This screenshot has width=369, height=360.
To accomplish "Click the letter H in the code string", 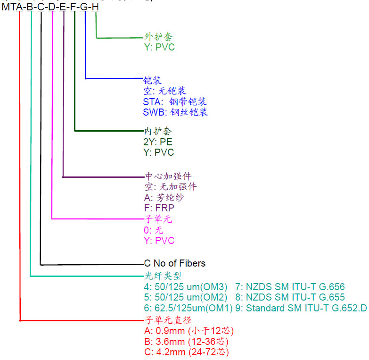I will coord(96,7).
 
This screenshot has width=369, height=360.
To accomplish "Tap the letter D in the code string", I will coord(51,7).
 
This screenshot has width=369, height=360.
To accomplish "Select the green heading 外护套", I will coord(156,37).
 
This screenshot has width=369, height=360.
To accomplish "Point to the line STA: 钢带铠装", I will coord(175,101).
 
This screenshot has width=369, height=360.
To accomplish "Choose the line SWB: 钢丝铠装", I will coord(175,112).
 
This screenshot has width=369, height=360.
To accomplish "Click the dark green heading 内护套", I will coord(158,131).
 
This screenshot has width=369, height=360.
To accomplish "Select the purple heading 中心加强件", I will coord(168,176).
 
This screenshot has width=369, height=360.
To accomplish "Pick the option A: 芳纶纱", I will coord(164,197).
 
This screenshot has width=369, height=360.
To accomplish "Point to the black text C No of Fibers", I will coord(175,263).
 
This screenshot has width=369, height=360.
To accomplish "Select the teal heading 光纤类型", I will coord(163,276).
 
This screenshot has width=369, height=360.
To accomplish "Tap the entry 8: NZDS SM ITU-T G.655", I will coord(290,297).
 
